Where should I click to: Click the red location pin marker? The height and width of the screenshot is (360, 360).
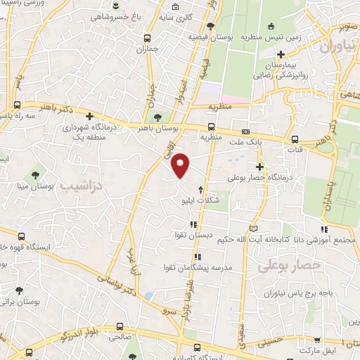pyautogui.click(x=181, y=165)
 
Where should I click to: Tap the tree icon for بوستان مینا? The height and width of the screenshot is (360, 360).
pyautogui.click(x=34, y=174)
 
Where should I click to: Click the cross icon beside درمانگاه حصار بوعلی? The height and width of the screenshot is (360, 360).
pyautogui.click(x=260, y=167)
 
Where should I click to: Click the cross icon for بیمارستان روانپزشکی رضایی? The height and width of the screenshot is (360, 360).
pyautogui.click(x=281, y=54)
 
